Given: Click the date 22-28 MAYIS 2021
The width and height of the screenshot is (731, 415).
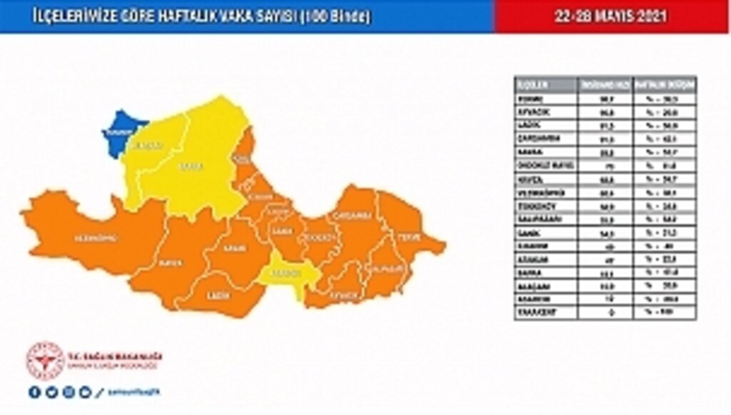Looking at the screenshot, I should coord(611,16).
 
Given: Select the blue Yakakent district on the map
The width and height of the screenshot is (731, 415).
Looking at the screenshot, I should coord(119,133).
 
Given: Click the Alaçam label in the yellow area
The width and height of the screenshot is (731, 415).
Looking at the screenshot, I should coord(151,146).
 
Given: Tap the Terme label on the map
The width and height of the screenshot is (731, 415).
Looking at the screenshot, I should coord(408,236).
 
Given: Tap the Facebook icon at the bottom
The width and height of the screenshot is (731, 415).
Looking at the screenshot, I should coord(34,391).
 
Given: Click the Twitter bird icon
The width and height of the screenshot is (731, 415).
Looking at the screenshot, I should coord(51,391).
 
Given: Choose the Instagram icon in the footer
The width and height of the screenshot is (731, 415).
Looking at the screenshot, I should coord(68,391).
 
